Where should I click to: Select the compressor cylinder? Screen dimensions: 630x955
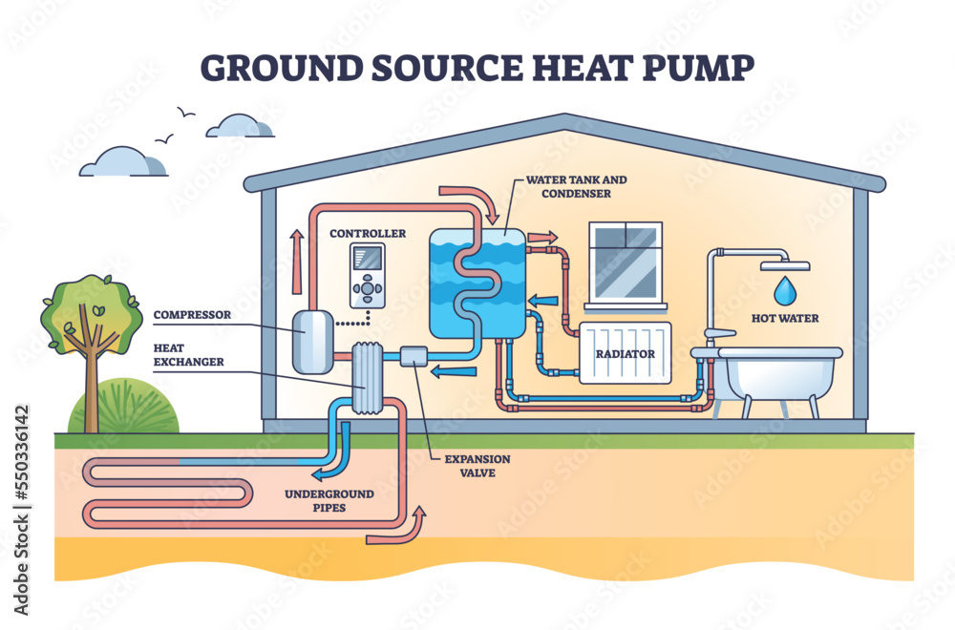point(311,342)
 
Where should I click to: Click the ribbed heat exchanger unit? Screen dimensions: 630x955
point(369,378)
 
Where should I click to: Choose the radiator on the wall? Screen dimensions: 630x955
point(625,353)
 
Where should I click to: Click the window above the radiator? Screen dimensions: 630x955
point(626,262)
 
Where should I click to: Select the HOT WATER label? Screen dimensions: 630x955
point(784,318)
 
